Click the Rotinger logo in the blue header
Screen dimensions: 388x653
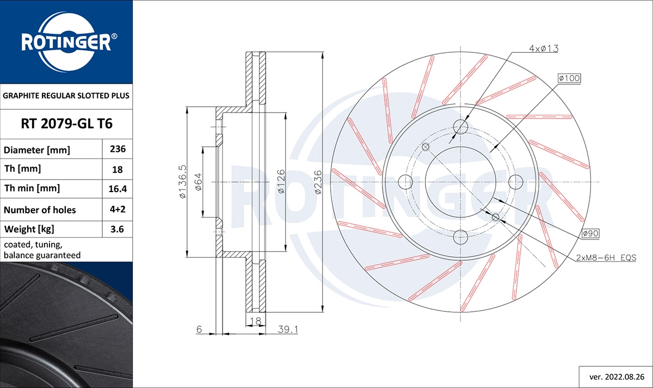66,41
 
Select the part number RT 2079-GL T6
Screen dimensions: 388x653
66,124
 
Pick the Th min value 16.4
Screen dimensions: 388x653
118,189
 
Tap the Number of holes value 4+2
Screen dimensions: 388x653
118,210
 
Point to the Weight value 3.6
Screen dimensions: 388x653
118,229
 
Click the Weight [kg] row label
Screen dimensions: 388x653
29,229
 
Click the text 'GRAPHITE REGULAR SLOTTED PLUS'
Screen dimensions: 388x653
66,96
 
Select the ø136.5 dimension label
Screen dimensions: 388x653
183,182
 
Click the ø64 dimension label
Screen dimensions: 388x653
199,182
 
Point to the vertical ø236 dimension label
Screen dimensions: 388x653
318,182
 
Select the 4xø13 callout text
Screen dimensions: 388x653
544,48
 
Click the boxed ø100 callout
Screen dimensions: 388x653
569,78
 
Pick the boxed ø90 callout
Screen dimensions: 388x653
590,233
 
